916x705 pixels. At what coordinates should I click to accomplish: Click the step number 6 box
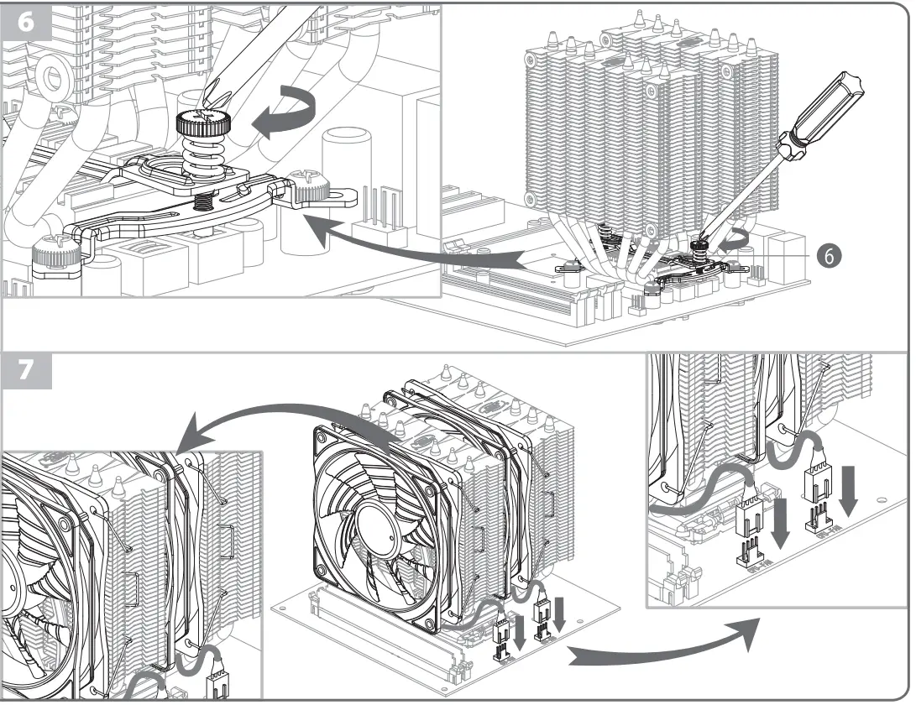click(27, 21)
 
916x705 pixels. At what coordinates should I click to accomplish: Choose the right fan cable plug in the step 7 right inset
click(816, 483)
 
